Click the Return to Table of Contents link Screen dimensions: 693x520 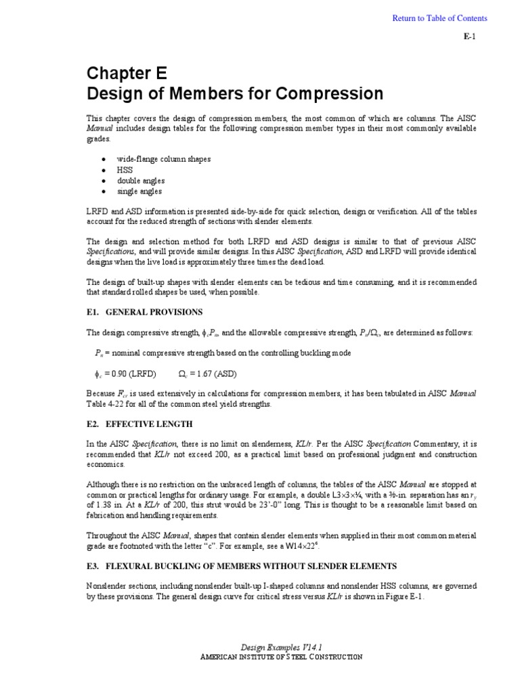[439, 18]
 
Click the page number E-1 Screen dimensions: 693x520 [469, 37]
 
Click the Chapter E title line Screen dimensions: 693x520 [125, 73]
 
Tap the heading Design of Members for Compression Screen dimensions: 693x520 [234, 93]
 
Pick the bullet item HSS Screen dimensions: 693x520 [125, 170]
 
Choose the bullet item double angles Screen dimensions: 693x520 [141, 181]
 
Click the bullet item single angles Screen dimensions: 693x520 [139, 192]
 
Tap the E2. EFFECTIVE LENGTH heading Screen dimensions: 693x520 [139, 424]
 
